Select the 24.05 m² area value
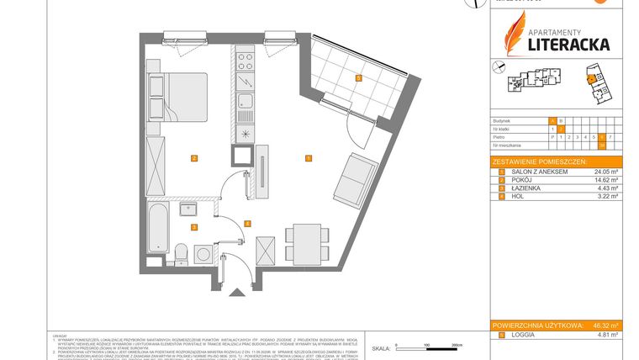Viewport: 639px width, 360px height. click(x=605, y=172)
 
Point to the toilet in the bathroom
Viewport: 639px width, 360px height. click(x=181, y=250)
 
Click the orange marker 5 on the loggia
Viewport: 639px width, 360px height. click(x=357, y=78)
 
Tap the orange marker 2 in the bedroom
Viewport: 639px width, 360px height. click(x=193, y=158)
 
